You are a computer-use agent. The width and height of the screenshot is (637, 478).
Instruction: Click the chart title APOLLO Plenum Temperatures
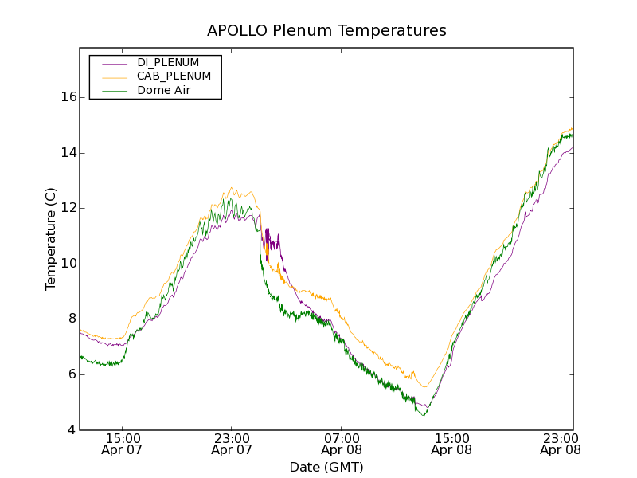[x=326, y=31]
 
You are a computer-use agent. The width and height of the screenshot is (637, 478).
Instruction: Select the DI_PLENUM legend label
[x=168, y=62]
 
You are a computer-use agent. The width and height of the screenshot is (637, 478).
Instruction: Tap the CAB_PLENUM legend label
[x=174, y=76]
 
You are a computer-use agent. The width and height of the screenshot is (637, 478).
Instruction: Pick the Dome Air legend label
[x=163, y=91]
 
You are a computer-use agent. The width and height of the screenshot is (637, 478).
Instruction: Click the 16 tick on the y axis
[x=68, y=97]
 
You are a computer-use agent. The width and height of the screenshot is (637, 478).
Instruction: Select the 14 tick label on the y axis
[x=68, y=153]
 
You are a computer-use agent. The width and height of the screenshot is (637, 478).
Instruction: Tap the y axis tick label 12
[x=68, y=208]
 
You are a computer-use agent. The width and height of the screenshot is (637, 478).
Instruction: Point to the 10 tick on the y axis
[x=68, y=264]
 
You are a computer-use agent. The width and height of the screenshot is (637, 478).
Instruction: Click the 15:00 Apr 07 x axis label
[x=123, y=444]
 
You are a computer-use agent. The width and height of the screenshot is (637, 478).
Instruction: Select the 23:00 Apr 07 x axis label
[x=233, y=444]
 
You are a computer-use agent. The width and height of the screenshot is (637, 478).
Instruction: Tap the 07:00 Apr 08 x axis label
[x=342, y=444]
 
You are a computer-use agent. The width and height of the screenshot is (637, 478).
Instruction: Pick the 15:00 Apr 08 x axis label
[x=451, y=444]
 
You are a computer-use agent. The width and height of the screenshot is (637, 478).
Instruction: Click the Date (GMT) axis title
[x=326, y=467]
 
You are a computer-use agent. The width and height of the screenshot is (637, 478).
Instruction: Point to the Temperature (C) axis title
[x=51, y=239]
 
